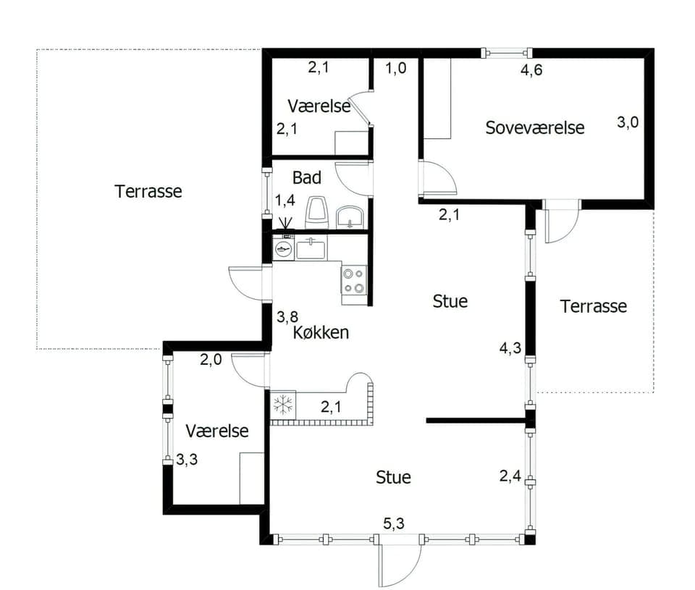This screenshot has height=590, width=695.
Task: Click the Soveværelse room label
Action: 534,127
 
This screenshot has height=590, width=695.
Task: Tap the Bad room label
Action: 307,178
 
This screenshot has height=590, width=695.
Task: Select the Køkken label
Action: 321,332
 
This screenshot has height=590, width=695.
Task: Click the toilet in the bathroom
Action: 316,212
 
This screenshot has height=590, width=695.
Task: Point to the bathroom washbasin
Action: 350,217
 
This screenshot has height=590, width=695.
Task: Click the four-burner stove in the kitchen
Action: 354,281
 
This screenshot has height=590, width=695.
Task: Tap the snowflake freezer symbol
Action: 283,405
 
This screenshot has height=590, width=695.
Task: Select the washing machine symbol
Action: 283,248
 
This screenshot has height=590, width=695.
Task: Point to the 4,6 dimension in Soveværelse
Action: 531,70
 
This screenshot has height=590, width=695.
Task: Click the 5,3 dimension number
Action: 394,523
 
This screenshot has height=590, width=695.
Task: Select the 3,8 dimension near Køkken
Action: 287,317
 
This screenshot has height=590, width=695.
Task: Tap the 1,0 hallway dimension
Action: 395,68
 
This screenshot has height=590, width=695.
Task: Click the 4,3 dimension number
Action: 510,348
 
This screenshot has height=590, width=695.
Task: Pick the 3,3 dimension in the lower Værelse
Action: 187,459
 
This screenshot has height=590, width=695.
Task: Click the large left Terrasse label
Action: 148,192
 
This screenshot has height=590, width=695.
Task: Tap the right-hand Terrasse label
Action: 593,306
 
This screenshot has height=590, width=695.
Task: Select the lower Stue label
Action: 393,477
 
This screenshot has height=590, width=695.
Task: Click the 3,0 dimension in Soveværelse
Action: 628,122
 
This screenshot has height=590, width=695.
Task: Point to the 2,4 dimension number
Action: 510,476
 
